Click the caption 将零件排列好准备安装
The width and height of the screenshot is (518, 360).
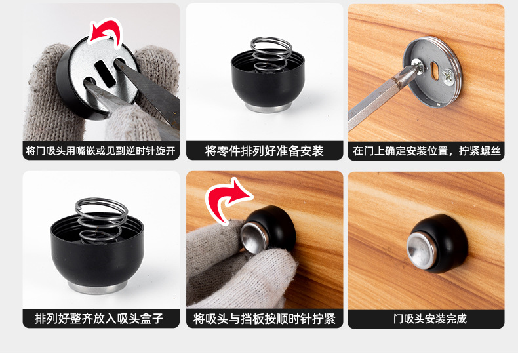[x=264, y=151]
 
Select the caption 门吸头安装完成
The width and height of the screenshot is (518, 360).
[x=429, y=319]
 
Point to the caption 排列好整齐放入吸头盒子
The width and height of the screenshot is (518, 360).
[x=99, y=319]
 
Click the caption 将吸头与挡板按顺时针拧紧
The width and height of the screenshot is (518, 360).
[x=264, y=319]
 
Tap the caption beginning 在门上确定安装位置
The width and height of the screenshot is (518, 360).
[x=426, y=151]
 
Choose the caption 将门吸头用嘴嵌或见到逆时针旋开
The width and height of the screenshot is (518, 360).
[x=101, y=151]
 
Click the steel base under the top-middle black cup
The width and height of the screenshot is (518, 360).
[x=268, y=108]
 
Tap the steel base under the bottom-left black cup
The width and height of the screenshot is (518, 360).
[x=98, y=287]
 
